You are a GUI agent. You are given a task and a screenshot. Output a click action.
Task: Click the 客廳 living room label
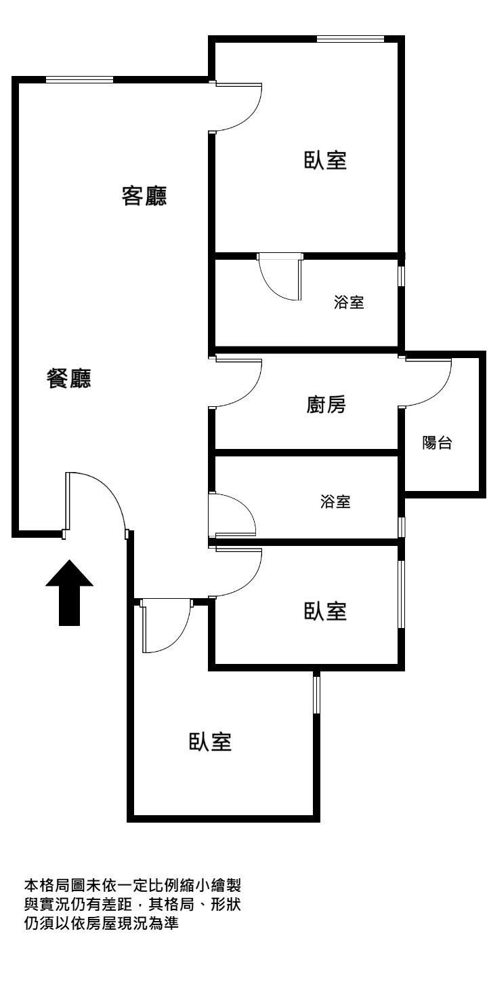coord(144,196)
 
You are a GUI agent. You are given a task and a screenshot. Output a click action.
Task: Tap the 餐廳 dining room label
coord(69,379)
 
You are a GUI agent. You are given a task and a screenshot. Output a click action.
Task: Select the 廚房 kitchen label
coord(326,404)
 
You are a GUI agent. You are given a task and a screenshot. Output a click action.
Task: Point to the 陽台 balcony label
coord(438,442)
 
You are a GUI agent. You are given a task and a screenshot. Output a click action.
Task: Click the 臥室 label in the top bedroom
coord(325,159)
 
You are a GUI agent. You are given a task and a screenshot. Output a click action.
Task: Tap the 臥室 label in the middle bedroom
coord(325,611)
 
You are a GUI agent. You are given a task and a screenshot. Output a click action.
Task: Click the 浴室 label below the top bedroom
coord(349,302)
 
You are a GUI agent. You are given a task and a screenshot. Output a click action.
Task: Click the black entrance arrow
coord(69,592)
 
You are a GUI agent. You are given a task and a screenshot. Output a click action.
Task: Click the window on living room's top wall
coord(79,80)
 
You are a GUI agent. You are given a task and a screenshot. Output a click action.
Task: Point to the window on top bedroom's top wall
coord(350,39)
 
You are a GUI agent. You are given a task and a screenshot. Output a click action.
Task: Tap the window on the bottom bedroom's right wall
coord(316,694)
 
